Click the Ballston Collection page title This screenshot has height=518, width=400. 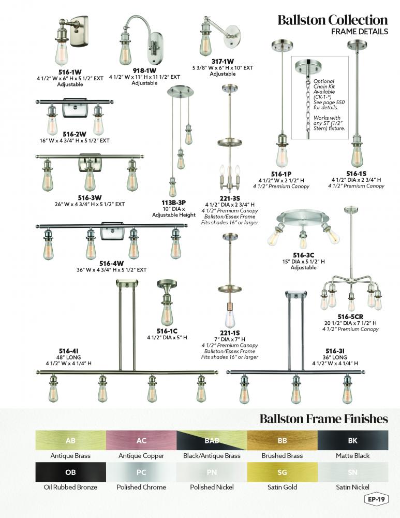(332, 20)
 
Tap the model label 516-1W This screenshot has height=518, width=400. (70, 71)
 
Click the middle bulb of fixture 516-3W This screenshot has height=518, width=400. (90, 180)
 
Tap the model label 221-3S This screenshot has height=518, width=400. (229, 197)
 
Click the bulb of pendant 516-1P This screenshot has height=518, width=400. (281, 155)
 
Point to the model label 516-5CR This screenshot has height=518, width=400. (350, 316)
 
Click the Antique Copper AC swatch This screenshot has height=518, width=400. (141, 440)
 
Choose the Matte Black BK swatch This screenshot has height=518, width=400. (352, 440)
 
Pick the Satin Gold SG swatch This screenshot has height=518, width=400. (282, 472)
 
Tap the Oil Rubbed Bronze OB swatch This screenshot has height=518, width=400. (70, 472)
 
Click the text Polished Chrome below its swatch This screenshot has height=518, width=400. (141, 487)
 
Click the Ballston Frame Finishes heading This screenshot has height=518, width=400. (323, 418)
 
